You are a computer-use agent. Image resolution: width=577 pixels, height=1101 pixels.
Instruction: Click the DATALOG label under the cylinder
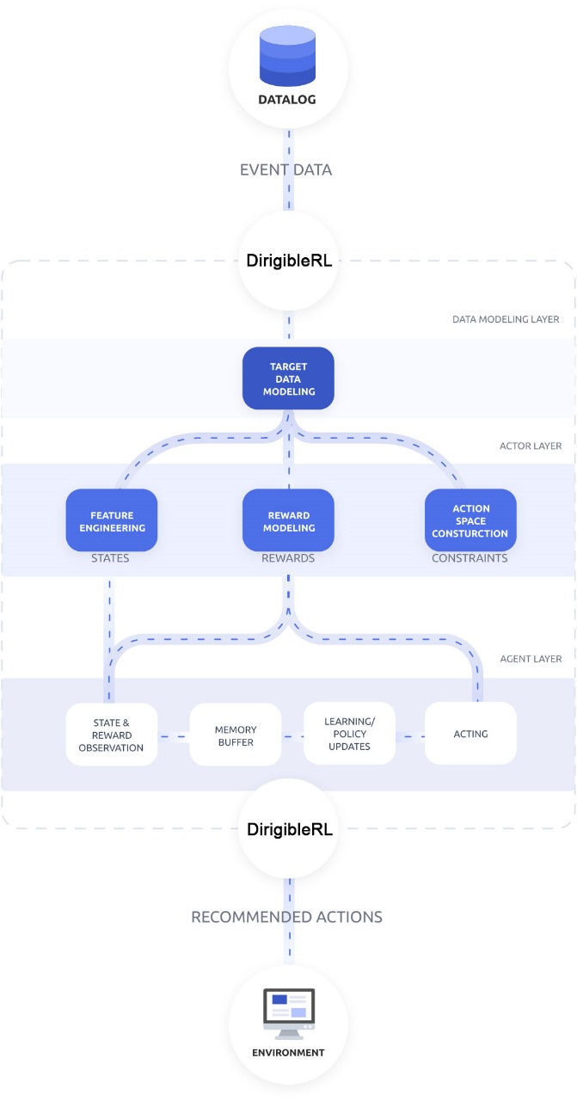tap(288, 100)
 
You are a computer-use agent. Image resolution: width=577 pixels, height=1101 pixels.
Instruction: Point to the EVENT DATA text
tap(286, 170)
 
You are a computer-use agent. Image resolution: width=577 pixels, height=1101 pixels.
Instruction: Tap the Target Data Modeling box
tap(288, 378)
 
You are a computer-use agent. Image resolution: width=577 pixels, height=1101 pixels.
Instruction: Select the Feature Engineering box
tap(111, 520)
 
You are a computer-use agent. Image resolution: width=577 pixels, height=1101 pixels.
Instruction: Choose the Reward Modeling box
tap(288, 520)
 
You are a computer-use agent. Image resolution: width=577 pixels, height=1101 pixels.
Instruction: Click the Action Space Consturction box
tap(470, 520)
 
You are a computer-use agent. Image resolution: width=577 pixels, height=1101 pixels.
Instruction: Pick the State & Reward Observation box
tap(111, 734)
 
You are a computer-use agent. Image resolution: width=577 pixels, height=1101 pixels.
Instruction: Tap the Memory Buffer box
tap(236, 734)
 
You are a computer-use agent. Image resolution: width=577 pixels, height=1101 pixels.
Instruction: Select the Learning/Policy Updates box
tap(349, 734)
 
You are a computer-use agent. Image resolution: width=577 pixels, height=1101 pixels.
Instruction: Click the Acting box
tap(470, 734)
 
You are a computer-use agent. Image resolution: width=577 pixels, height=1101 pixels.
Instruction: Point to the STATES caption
tap(110, 558)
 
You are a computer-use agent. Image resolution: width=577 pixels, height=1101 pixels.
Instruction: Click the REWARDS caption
tap(288, 558)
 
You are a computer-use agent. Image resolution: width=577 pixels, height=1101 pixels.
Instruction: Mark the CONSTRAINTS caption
tap(470, 558)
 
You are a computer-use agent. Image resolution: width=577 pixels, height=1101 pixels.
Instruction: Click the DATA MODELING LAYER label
tap(506, 319)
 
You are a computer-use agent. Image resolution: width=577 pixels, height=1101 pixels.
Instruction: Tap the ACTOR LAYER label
tap(531, 446)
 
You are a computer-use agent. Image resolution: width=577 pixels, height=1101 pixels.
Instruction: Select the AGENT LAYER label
tap(531, 659)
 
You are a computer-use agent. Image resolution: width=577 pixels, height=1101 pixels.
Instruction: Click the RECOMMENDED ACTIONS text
tap(286, 917)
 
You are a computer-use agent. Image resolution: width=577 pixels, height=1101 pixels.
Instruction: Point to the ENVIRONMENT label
tap(288, 1052)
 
